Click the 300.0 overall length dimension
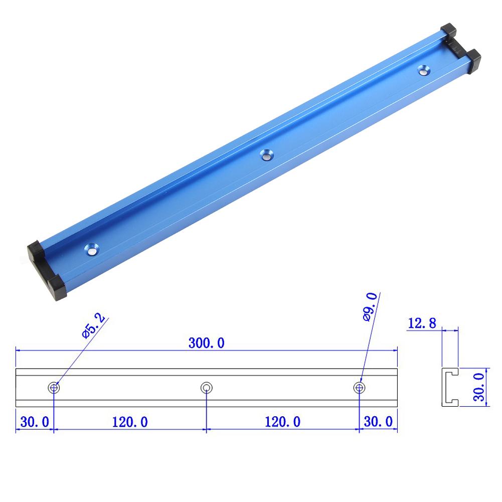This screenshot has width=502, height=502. (206, 343)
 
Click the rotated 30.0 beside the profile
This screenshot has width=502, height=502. (478, 386)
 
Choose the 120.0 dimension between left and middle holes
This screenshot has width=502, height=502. (129, 422)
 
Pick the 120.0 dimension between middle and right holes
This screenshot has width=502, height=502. (282, 422)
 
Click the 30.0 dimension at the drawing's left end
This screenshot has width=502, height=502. (34, 422)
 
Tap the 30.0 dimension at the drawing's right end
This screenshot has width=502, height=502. (379, 422)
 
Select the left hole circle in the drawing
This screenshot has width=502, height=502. (54, 387)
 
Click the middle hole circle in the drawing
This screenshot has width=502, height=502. (206, 387)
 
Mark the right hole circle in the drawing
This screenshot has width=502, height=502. (359, 387)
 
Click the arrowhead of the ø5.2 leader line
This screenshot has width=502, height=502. (57, 383)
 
